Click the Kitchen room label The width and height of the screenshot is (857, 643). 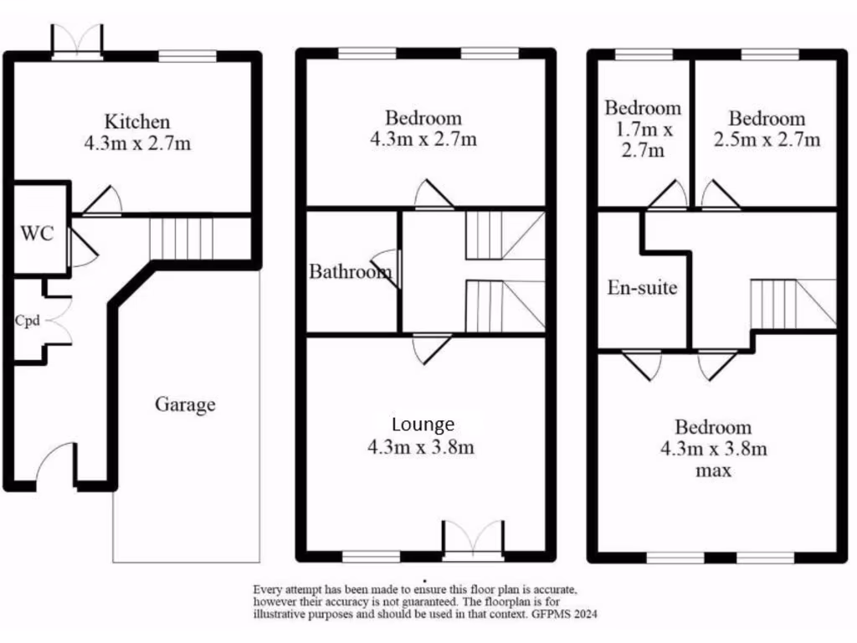tap(137, 121)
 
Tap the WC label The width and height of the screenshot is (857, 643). tap(38, 233)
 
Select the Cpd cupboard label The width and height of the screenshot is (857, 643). tap(27, 321)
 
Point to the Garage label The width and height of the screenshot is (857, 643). tap(185, 405)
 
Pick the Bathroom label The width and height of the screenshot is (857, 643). tap(350, 272)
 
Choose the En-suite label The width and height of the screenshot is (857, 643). tap(642, 289)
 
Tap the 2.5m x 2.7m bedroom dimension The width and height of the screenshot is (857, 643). tap(767, 140)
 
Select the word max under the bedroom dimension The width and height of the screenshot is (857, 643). tap(714, 471)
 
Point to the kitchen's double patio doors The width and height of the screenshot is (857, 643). tap(77, 40)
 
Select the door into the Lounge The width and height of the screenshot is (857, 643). tap(433, 347)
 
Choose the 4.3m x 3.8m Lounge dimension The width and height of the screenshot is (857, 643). tap(421, 447)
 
